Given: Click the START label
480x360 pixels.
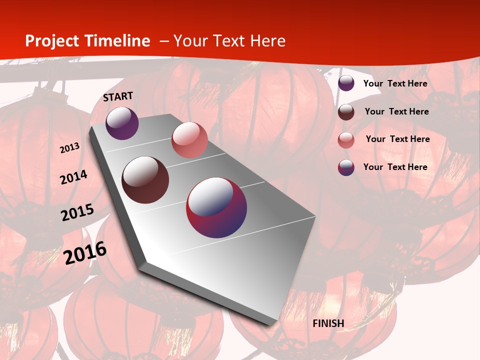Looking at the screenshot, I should [118, 96].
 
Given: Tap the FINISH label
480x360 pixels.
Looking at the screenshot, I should [328, 323].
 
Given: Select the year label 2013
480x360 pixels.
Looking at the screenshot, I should [70, 148].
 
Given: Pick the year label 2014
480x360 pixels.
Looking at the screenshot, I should [74, 177].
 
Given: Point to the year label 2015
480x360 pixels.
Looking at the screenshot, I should [77, 212].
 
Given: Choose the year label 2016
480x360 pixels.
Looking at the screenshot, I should [85, 253].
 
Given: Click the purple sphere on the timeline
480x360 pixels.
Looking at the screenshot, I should [122, 123].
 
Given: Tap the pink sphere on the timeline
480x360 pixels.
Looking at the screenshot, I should [189, 140].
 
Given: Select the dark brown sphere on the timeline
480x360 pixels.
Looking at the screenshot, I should [145, 180].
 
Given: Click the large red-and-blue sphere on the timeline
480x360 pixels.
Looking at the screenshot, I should [216, 207].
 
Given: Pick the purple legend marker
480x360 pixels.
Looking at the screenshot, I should [346, 83].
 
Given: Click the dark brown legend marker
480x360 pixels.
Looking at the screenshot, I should [346, 112].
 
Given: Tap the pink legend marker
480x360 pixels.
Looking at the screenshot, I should [346, 140].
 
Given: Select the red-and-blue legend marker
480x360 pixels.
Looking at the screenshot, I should [346, 167].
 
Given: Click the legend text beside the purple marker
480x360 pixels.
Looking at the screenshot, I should [395, 83].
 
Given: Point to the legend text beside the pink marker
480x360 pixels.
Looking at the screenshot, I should [398, 139].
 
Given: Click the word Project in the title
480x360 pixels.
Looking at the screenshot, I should [53, 41].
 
